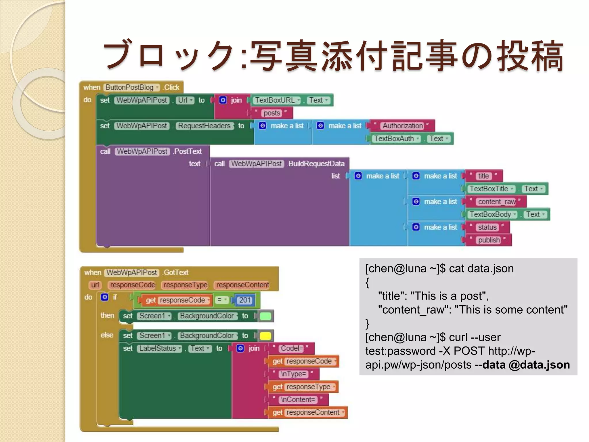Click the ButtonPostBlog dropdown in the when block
click(x=132, y=87)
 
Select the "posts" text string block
click(x=272, y=113)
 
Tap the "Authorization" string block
click(x=403, y=126)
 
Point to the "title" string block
click(x=483, y=176)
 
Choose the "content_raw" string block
click(x=497, y=202)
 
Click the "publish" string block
click(x=489, y=240)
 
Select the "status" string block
click(x=487, y=227)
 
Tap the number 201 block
click(x=245, y=300)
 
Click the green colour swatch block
click(x=265, y=316)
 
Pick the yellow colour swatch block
click(x=265, y=336)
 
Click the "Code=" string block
click(x=292, y=348)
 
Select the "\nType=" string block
click(x=294, y=374)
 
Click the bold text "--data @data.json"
click(x=522, y=365)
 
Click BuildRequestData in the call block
click(x=316, y=164)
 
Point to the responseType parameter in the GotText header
click(x=186, y=285)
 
